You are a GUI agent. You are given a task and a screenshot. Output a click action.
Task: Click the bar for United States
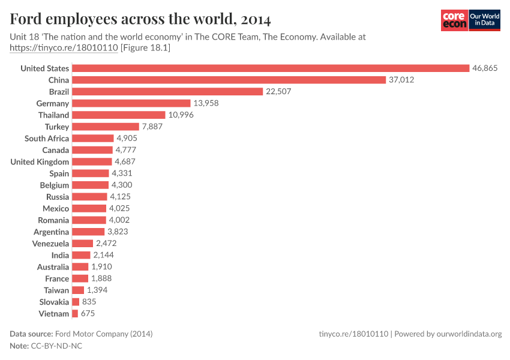[270, 68]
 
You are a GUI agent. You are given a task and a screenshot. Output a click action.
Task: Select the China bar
[229, 80]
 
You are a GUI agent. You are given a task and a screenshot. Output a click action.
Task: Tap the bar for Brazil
[167, 92]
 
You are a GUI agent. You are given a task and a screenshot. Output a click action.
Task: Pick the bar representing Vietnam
[75, 314]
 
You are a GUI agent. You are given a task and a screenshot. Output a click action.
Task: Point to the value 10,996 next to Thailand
[181, 115]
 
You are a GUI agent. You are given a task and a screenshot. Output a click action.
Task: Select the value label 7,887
[152, 127]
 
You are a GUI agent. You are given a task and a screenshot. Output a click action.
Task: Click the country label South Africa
[47, 139]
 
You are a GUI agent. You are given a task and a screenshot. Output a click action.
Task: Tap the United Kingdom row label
[40, 162]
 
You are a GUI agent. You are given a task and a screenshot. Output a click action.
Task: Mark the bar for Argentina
[88, 232]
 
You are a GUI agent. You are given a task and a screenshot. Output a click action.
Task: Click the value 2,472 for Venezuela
[106, 244]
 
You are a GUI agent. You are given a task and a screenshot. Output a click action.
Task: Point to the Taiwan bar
[78, 290]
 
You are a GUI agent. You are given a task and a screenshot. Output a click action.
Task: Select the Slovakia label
[54, 302]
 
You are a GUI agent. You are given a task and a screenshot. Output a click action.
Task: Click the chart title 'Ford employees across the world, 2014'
[140, 19]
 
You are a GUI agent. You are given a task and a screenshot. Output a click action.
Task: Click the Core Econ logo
[454, 20]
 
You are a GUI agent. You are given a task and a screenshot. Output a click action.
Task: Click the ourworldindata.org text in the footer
[469, 334]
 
